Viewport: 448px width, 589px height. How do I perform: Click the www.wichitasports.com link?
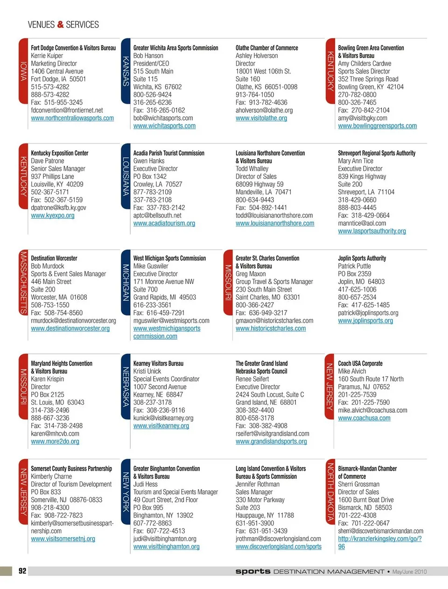click(164, 126)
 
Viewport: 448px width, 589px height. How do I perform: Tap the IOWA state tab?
click(23, 71)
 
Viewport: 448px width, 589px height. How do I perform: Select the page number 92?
click(22, 571)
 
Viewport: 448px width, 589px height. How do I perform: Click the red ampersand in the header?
click(60, 24)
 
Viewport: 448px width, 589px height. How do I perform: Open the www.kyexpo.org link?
click(52, 215)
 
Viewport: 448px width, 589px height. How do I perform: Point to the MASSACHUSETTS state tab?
click(23, 282)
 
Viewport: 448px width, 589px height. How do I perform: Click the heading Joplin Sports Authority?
click(362, 258)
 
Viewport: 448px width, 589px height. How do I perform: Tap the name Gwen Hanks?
click(149, 161)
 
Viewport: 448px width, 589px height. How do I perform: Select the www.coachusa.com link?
click(364, 418)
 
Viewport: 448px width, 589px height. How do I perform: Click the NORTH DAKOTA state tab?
click(330, 491)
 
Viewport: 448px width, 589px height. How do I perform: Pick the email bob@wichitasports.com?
click(163, 118)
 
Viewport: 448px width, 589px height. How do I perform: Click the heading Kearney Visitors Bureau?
click(158, 363)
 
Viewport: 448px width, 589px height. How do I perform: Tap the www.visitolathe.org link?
click(261, 118)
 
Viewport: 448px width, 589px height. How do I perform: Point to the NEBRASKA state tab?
click(126, 386)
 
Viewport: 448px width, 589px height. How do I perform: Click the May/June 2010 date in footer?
click(409, 572)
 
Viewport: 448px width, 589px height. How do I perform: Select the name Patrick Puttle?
click(354, 266)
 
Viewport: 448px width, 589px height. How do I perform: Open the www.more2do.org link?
click(55, 442)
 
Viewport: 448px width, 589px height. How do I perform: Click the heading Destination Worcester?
click(54, 258)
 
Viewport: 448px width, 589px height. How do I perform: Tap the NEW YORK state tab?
click(126, 491)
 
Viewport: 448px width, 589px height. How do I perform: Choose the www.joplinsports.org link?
click(365, 321)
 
